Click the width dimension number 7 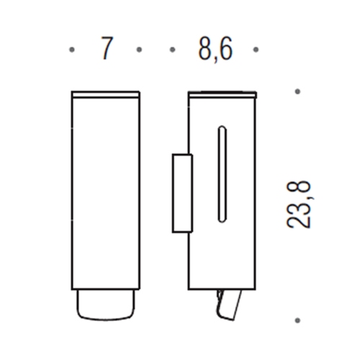[x=107, y=49]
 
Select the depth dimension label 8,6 [x=214, y=49]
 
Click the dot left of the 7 [x=72, y=50]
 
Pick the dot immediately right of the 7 [x=139, y=50]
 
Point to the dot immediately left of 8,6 [x=173, y=50]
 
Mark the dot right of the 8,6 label [x=256, y=50]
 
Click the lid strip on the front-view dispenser [x=105, y=94]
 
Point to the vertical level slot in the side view [x=222, y=174]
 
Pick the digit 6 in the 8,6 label [x=228, y=49]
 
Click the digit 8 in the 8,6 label [x=200, y=49]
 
